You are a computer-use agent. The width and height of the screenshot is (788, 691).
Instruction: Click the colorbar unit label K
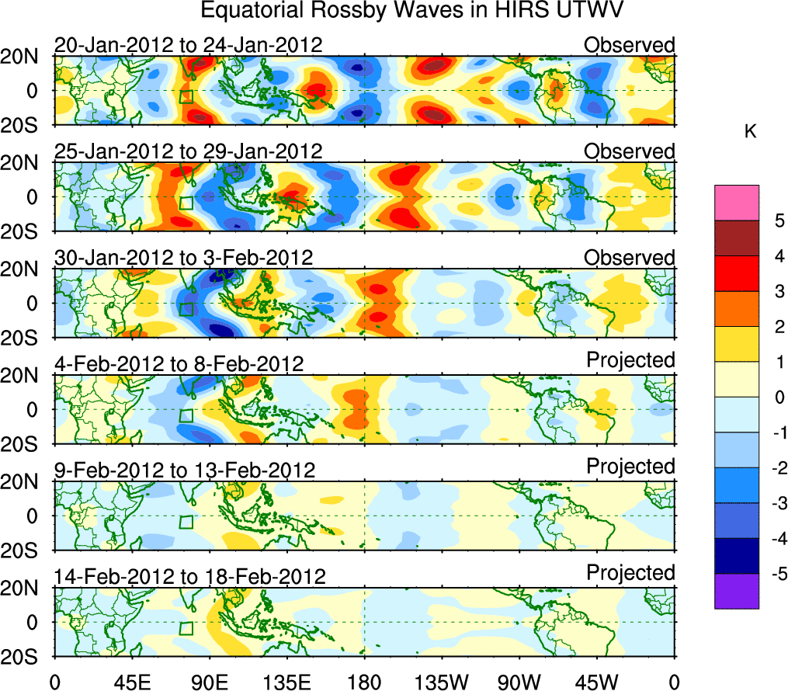(x=750, y=133)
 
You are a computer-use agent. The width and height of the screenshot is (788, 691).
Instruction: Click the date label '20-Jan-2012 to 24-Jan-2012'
(x=188, y=45)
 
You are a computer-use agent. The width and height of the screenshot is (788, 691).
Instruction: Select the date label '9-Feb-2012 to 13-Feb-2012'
(x=185, y=470)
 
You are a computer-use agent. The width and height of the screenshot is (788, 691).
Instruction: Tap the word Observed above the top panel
(x=630, y=45)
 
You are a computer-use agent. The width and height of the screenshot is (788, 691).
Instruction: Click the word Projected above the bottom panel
(x=630, y=573)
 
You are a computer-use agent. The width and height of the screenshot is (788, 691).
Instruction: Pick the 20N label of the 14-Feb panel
(x=26, y=588)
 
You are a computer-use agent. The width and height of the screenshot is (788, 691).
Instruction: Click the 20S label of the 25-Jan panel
(x=26, y=231)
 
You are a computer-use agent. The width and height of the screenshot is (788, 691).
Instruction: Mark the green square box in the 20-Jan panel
(x=186, y=96)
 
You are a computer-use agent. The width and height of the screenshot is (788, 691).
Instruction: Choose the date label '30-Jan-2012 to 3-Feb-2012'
(x=184, y=258)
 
